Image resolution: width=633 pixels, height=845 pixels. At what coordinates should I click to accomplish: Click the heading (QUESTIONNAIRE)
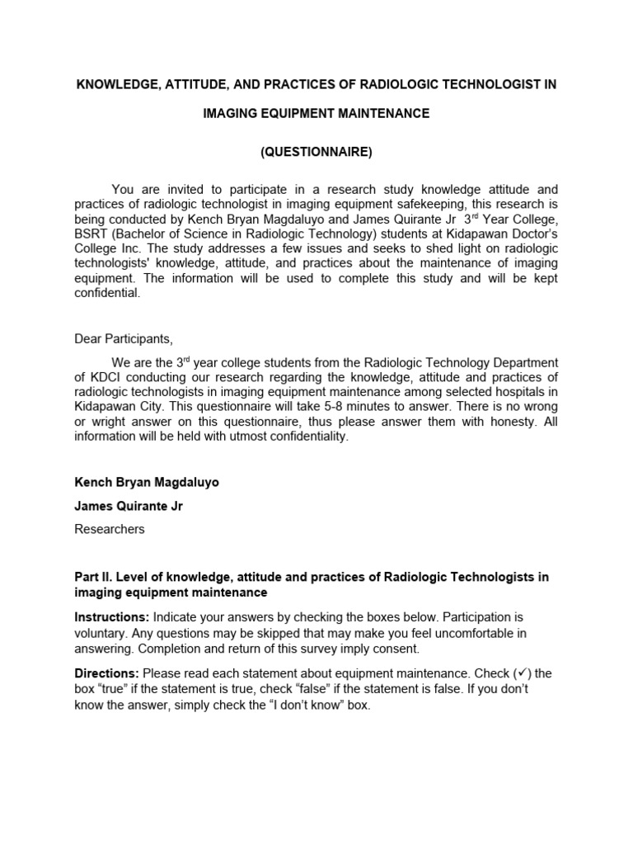316,152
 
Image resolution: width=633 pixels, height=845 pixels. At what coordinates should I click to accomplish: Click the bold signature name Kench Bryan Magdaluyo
147,482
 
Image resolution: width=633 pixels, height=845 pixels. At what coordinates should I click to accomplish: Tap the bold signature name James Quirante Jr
129,506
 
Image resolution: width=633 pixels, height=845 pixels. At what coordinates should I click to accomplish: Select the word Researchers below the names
110,529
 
